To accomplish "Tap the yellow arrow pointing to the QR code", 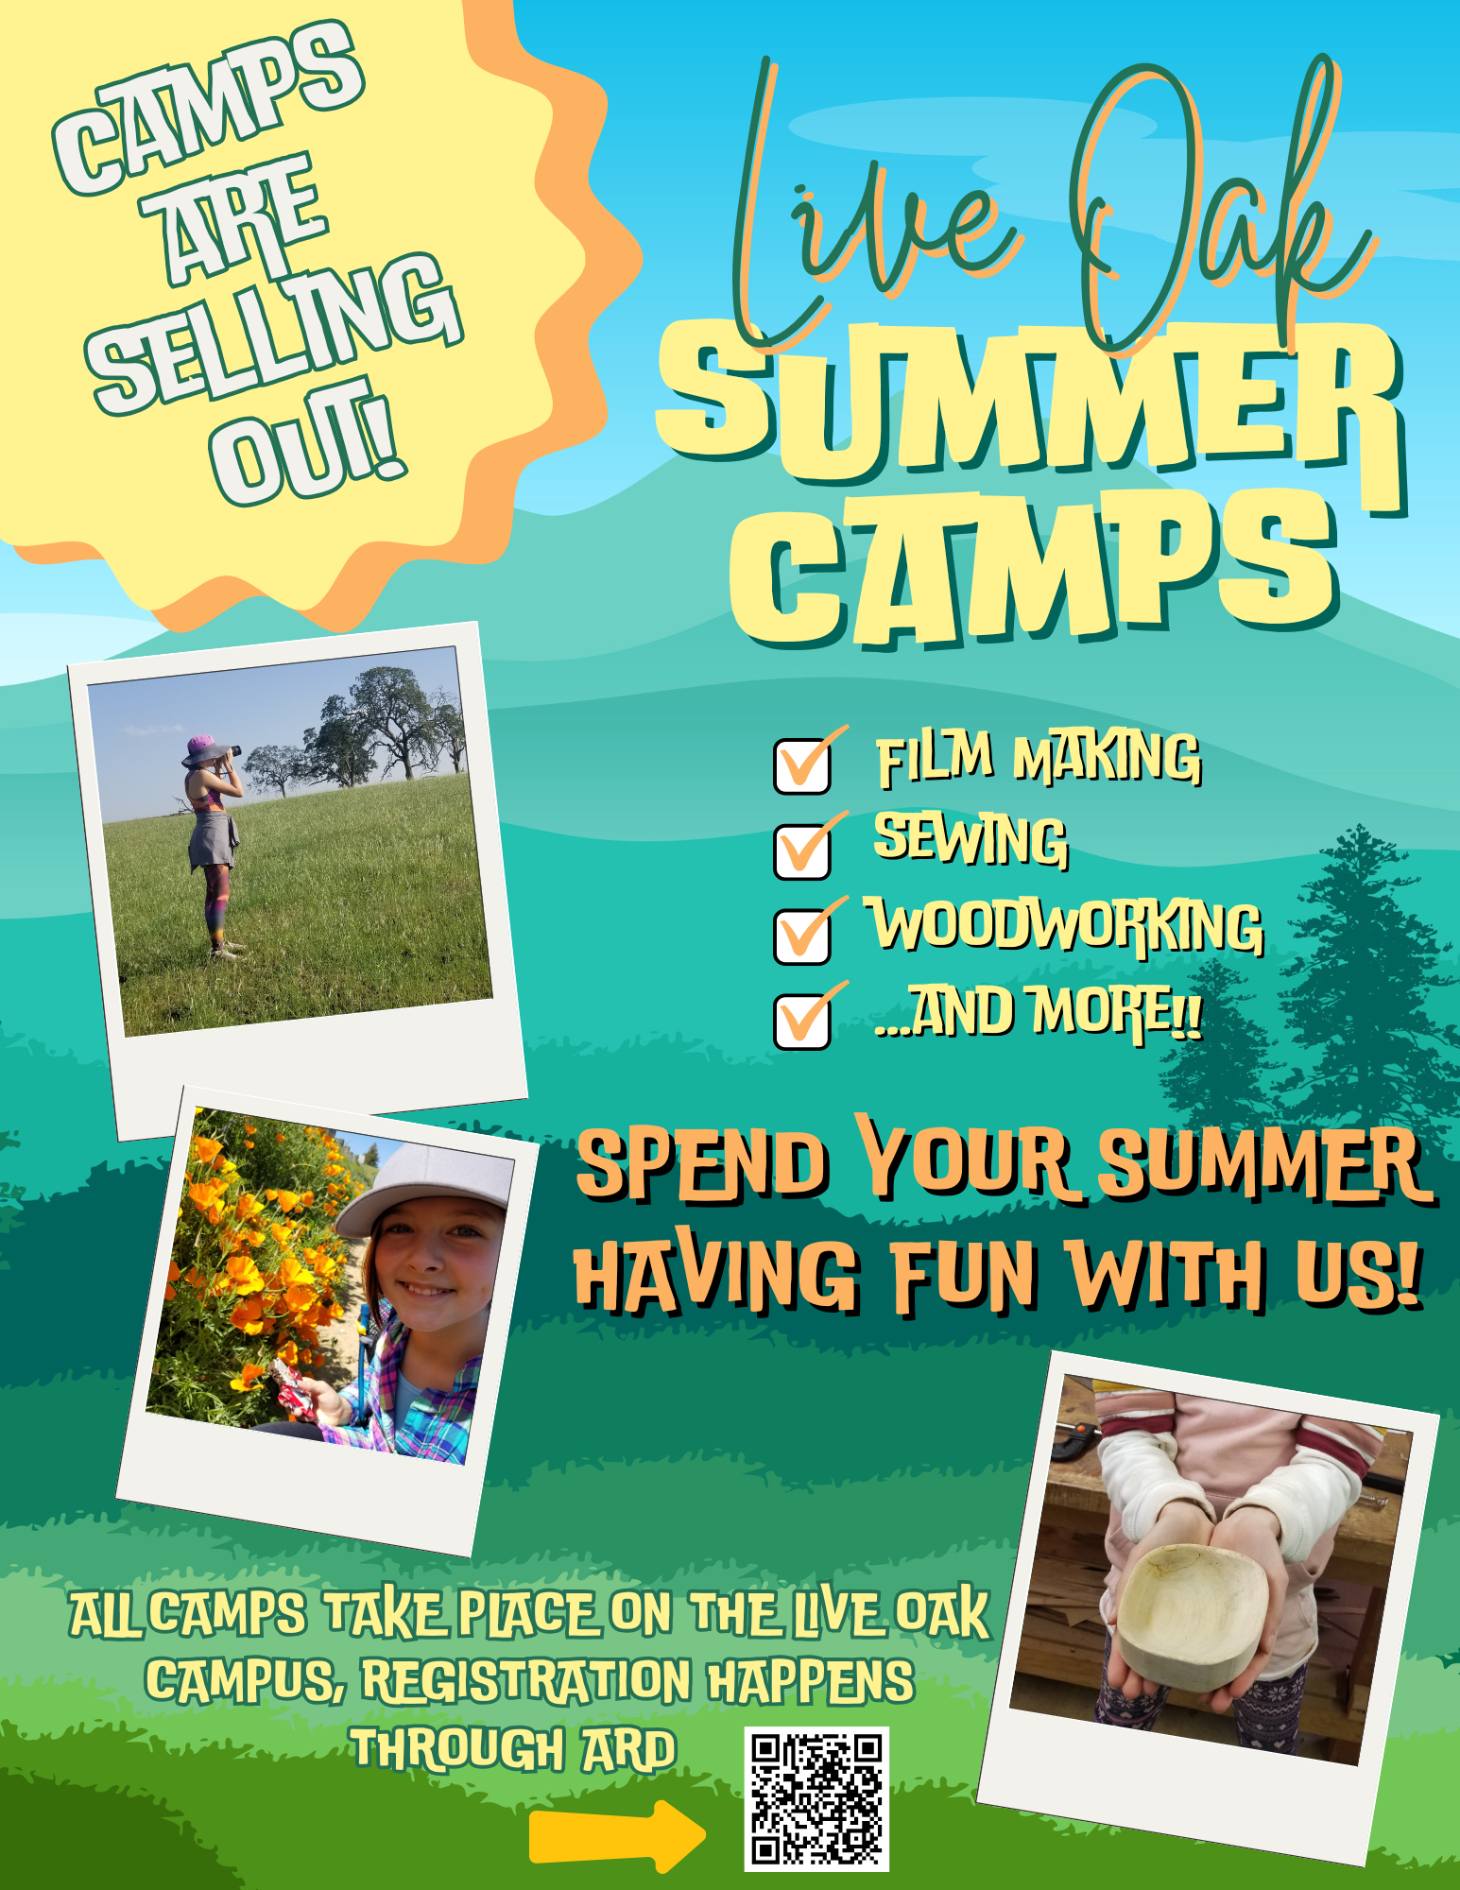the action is pyautogui.click(x=617, y=1835).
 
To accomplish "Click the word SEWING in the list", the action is pyautogui.click(x=970, y=839).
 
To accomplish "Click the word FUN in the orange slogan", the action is pyautogui.click(x=964, y=1275).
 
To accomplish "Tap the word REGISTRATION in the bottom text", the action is pyautogui.click(x=527, y=1680).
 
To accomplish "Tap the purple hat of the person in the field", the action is pyautogui.click(x=204, y=748).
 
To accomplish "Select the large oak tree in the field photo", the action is pyautogui.click(x=378, y=723).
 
